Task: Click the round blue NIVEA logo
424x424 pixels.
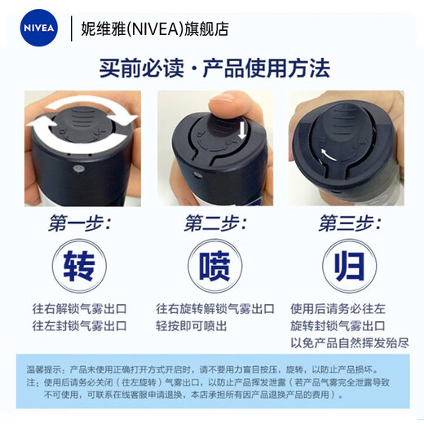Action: click(x=39, y=28)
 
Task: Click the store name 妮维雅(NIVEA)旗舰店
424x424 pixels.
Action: click(x=155, y=29)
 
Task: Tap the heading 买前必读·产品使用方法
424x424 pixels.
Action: click(x=214, y=68)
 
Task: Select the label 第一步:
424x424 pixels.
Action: click(x=80, y=223)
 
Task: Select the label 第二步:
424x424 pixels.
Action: click(x=215, y=223)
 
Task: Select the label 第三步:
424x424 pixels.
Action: click(x=350, y=223)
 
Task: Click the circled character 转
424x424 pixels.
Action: click(x=79, y=266)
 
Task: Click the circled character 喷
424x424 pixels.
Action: click(x=214, y=266)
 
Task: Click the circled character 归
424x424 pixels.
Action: click(x=350, y=266)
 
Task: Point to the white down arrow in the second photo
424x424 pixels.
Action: click(x=243, y=131)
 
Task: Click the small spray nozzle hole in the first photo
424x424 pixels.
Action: click(x=77, y=169)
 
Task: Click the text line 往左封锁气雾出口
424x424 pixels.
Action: click(x=80, y=325)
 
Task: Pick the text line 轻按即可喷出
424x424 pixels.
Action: click(x=192, y=325)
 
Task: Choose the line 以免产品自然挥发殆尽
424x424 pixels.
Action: click(x=350, y=342)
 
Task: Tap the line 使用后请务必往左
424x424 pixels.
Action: click(x=338, y=309)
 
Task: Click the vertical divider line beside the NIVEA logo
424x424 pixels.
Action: click(x=72, y=29)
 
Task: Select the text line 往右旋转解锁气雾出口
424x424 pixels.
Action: click(x=215, y=309)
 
